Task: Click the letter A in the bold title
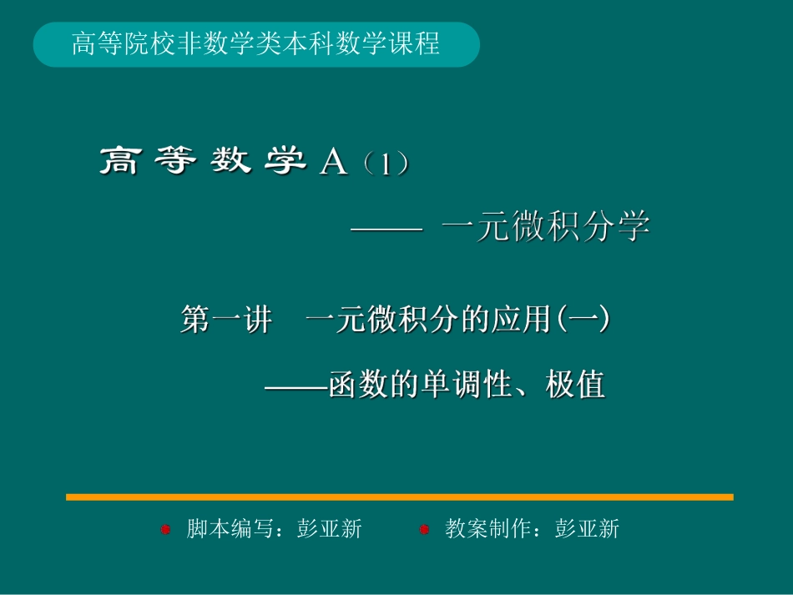click(333, 162)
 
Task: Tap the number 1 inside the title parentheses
click(385, 164)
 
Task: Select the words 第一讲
click(225, 320)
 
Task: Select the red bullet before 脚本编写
click(165, 529)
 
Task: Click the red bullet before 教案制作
click(424, 529)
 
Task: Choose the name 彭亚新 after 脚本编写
click(330, 529)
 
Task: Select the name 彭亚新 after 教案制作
click(588, 529)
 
